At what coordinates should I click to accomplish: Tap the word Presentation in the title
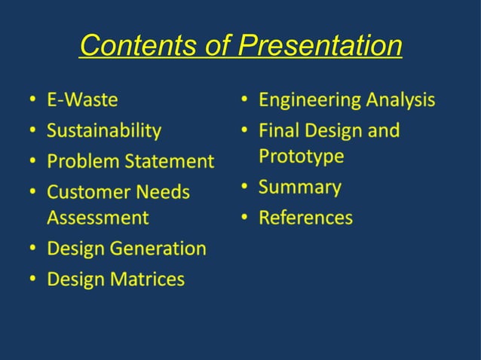click(x=320, y=47)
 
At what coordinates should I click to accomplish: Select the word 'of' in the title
click(x=219, y=47)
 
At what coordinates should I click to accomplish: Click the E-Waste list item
click(x=82, y=99)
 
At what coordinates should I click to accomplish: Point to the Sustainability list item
click(x=104, y=130)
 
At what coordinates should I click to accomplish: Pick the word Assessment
click(x=98, y=218)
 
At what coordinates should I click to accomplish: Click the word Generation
click(x=157, y=249)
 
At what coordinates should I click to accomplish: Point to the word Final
click(x=278, y=130)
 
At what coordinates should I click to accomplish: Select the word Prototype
click(x=302, y=156)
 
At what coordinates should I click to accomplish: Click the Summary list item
click(x=300, y=187)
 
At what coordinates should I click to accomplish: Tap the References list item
click(x=305, y=218)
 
